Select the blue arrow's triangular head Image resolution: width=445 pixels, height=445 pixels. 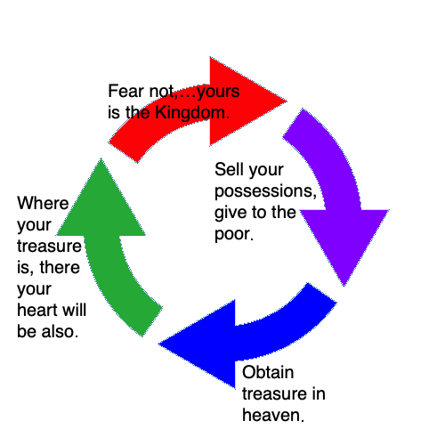pyautogui.click(x=205, y=344)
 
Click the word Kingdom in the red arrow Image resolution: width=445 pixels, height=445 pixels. pyautogui.click(x=192, y=114)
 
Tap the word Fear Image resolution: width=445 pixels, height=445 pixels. pyautogui.click(x=126, y=91)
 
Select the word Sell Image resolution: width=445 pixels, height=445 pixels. pyautogui.click(x=230, y=169)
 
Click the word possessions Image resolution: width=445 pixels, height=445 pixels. pyautogui.click(x=265, y=192)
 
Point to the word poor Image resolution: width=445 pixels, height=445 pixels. pyautogui.click(x=234, y=234)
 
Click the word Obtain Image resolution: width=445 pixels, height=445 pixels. pyautogui.click(x=268, y=372)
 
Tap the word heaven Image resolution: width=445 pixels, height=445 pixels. pyautogui.click(x=273, y=415)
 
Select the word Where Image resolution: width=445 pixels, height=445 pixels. pyautogui.click(x=43, y=203)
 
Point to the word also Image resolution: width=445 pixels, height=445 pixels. pyautogui.click(x=60, y=331)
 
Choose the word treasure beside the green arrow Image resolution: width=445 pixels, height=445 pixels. pyautogui.click(x=49, y=247)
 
